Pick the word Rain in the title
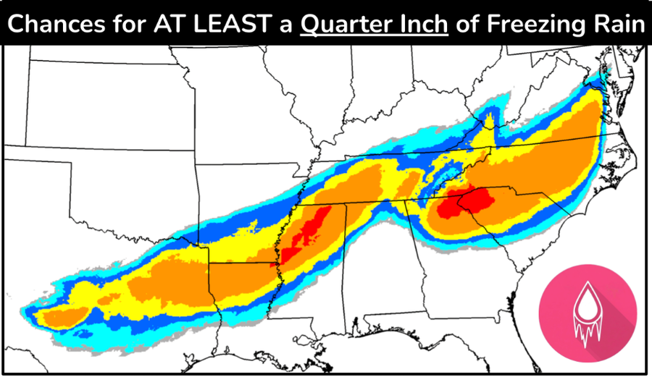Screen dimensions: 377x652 616,24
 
